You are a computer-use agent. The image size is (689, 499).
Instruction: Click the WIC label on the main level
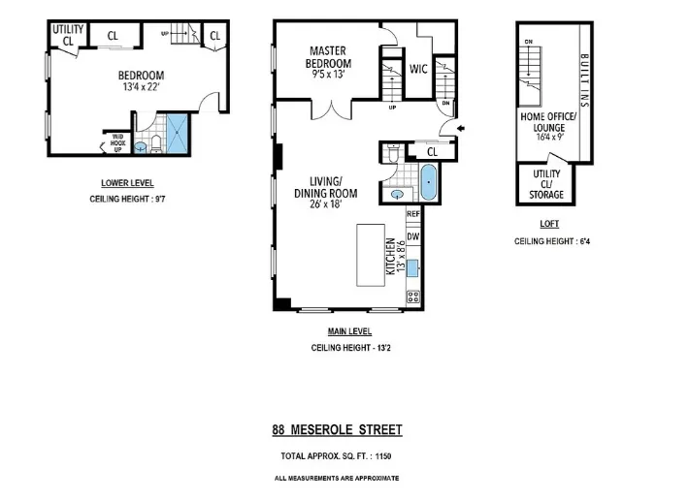(419, 69)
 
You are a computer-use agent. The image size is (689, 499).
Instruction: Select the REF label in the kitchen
(412, 213)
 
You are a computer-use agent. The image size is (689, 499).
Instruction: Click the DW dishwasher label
(412, 235)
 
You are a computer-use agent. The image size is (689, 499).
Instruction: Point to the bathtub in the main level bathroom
(428, 181)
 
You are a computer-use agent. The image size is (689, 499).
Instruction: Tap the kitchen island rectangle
(372, 254)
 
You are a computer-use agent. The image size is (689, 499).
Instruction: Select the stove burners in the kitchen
(412, 296)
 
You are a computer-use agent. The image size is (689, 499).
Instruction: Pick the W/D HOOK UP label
(117, 142)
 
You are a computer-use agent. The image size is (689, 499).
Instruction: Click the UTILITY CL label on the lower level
(67, 36)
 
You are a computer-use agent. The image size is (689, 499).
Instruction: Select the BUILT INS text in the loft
(584, 78)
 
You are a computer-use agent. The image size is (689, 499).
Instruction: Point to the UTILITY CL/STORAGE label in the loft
(547, 184)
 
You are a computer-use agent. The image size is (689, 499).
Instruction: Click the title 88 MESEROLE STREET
(336, 429)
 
